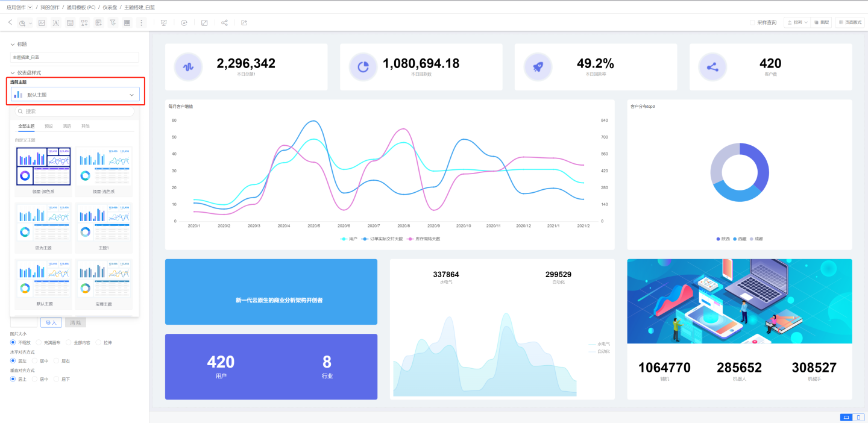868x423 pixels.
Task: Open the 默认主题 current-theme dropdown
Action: [x=75, y=95]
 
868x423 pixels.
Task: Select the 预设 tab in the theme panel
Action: [x=49, y=127]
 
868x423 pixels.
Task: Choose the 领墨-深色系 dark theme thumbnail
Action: [x=43, y=167]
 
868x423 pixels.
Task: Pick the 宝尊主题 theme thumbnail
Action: [x=104, y=280]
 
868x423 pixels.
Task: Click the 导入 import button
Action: [x=51, y=322]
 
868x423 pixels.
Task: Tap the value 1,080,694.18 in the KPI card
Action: [x=421, y=63]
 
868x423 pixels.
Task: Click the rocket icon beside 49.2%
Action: [x=538, y=67]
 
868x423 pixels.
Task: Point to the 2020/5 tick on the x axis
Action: [x=313, y=226]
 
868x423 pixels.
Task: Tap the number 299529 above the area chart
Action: [x=558, y=275]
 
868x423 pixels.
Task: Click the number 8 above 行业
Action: [x=327, y=362]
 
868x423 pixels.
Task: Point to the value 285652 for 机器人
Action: [x=739, y=368]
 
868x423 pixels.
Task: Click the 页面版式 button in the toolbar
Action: [x=850, y=22]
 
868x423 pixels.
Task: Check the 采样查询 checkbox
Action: [x=752, y=22]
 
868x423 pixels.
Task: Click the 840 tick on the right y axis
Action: [x=605, y=121]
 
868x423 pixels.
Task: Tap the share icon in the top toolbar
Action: [x=224, y=22]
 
